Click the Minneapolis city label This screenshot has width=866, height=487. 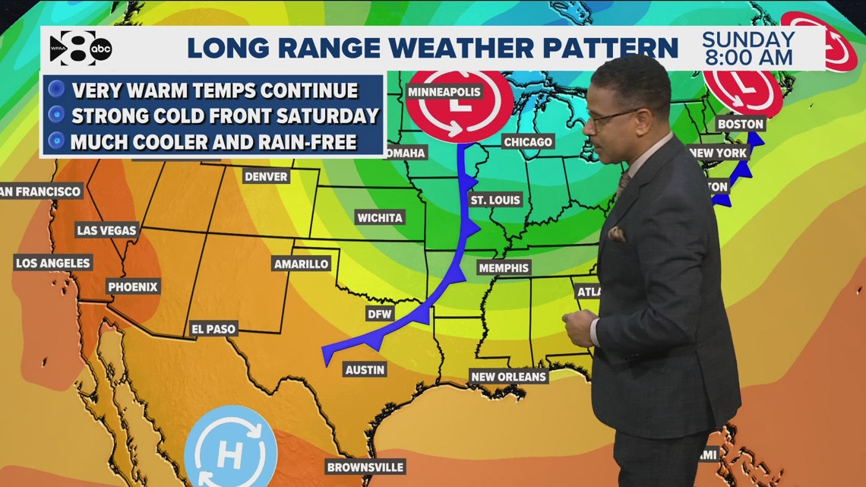coord(444,92)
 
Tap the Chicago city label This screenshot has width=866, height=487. coord(527,142)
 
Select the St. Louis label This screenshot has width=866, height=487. coord(495,201)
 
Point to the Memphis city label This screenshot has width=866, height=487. coord(503,267)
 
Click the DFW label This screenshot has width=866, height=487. coord(378,314)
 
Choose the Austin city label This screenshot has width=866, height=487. coord(365,370)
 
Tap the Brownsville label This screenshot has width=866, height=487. coord(365,466)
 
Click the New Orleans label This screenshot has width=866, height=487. coord(508,376)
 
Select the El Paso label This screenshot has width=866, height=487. coord(213,329)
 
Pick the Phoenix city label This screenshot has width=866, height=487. coord(132,286)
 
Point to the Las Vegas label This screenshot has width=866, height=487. coord(106,229)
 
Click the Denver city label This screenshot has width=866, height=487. coord(266,176)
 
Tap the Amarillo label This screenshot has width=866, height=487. coord(301,264)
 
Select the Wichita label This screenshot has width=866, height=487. coord(380,217)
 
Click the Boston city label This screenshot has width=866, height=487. coord(740,123)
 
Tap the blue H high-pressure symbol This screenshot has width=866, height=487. coord(226,447)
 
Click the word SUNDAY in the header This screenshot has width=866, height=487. coord(747,40)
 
